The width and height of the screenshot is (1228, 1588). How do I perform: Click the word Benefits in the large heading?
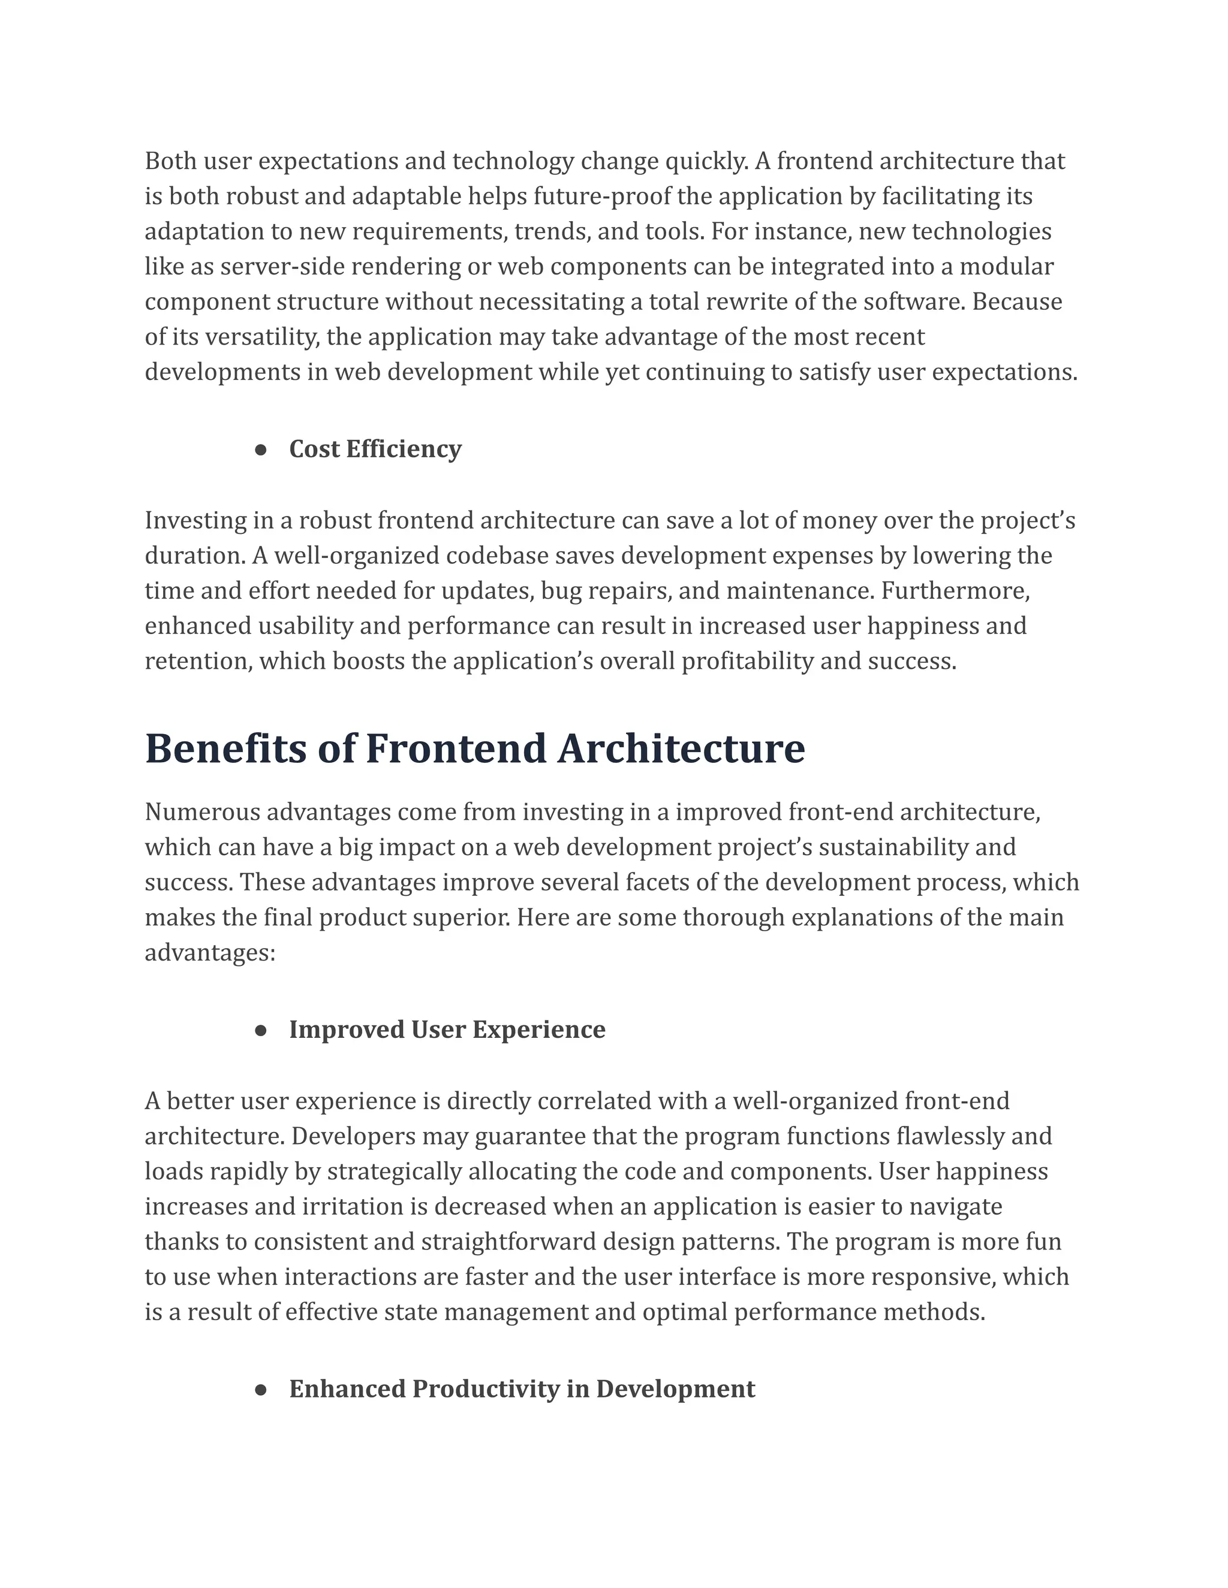tap(225, 749)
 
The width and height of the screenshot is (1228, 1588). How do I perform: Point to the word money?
tap(832, 521)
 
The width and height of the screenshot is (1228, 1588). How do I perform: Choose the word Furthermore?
tap(955, 591)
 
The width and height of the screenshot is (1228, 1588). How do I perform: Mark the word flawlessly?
tap(948, 1136)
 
